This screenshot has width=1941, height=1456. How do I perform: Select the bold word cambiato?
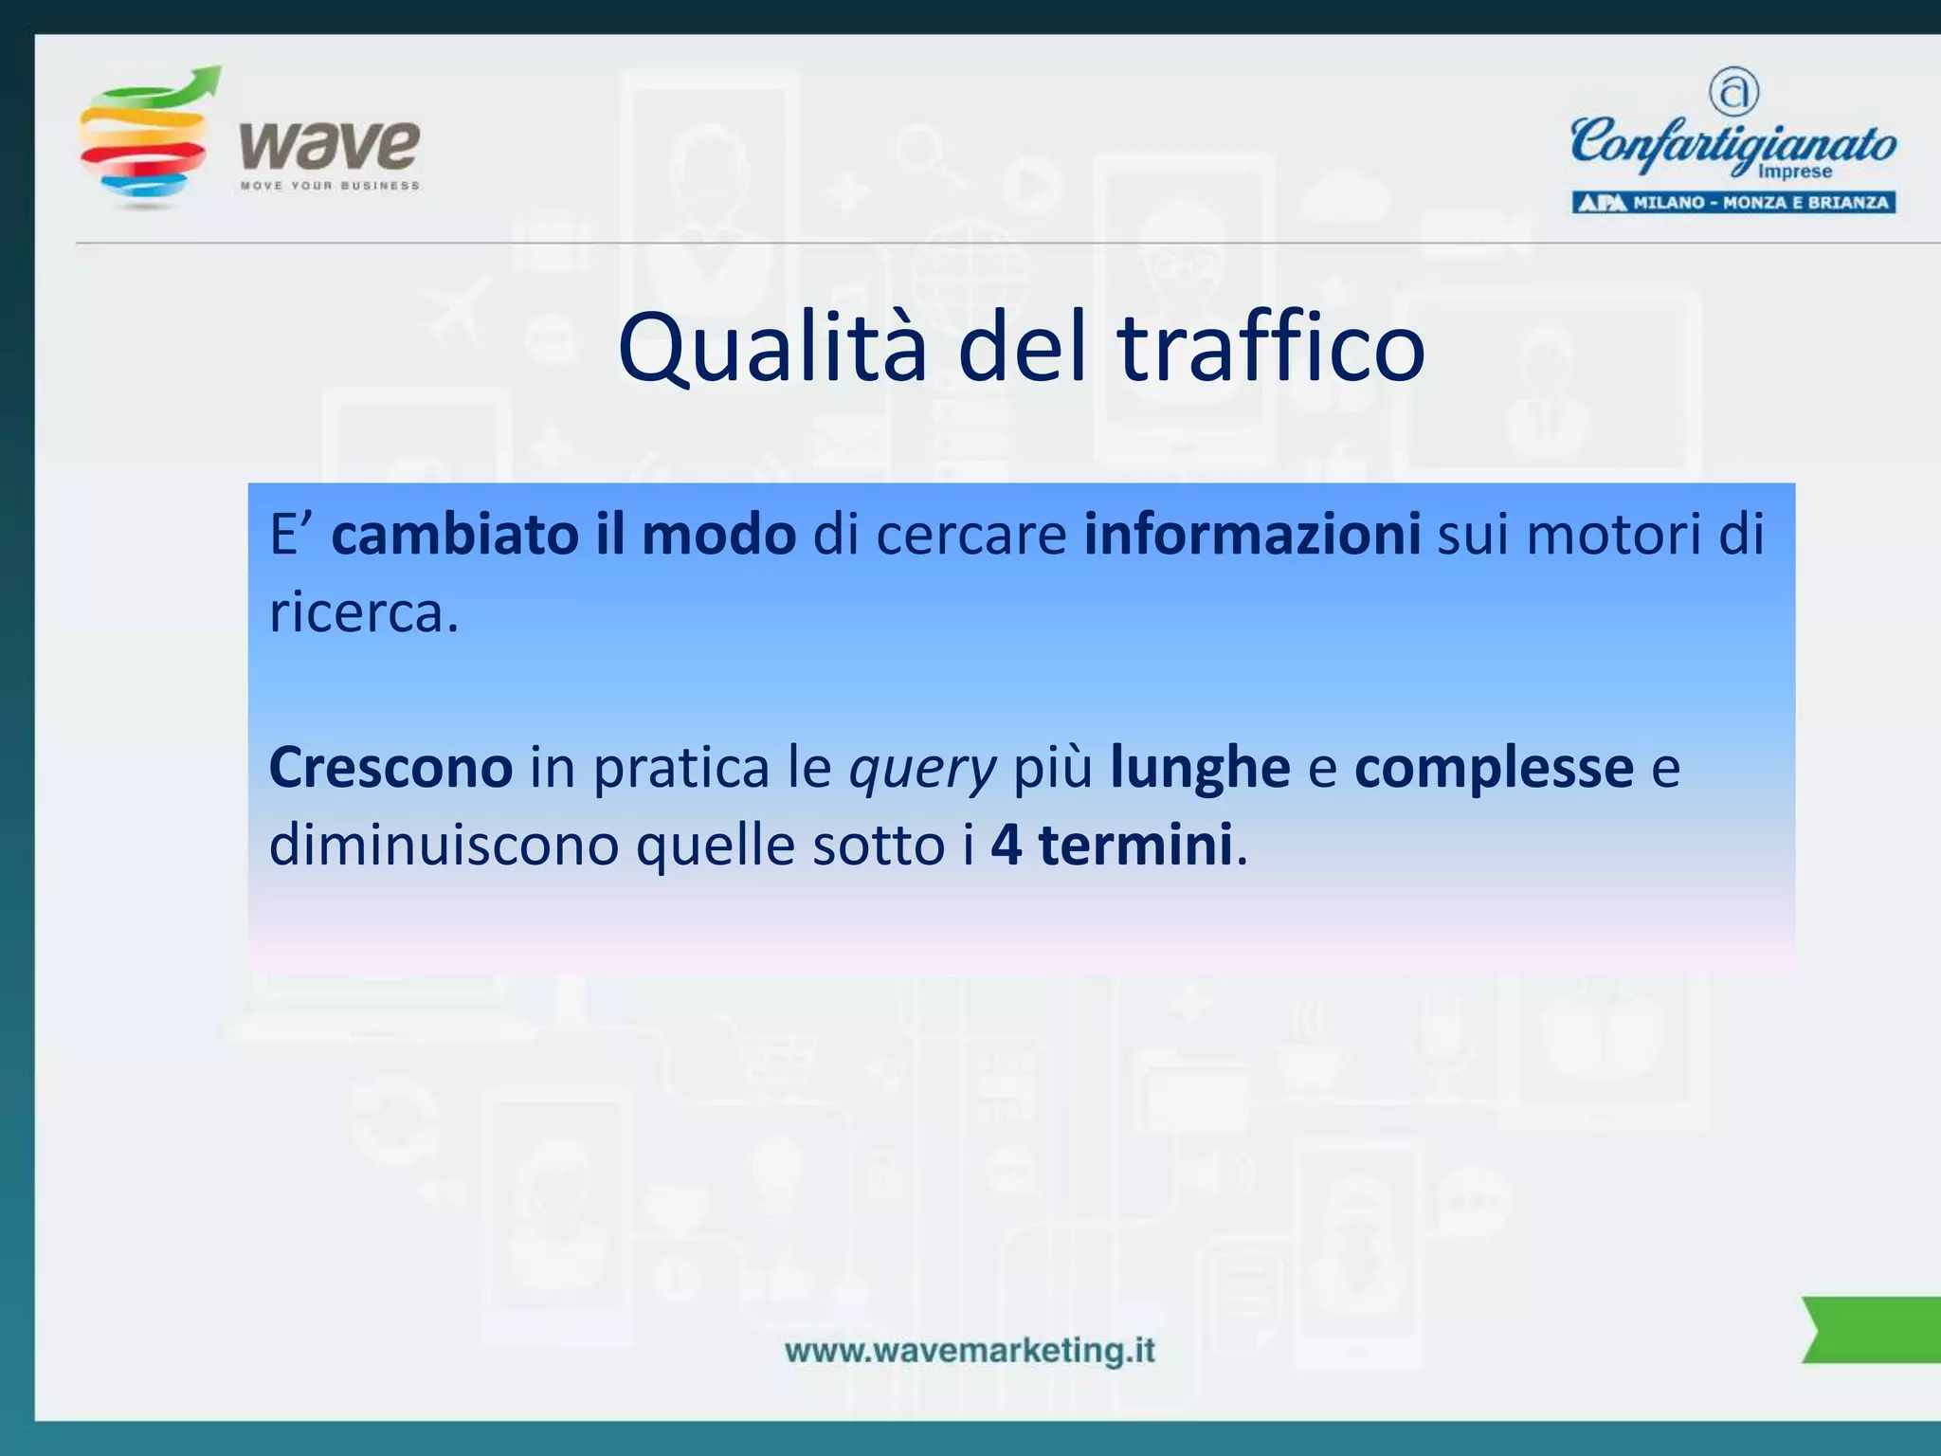[454, 535]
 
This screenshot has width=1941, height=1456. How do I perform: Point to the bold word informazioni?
[1252, 535]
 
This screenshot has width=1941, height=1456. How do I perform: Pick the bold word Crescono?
[390, 767]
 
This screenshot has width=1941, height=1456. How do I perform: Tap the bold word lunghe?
[1200, 767]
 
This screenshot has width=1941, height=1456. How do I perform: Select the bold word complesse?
[1494, 767]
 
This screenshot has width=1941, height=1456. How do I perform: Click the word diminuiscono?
[444, 845]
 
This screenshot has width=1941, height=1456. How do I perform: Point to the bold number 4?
[1007, 845]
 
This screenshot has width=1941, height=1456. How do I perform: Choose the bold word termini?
[1135, 845]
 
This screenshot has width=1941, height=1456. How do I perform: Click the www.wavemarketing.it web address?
[970, 1350]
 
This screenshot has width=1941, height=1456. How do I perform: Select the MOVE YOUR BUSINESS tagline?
[330, 186]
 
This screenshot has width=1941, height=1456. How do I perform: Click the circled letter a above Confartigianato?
[1733, 92]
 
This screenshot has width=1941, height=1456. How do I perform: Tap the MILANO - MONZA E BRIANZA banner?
[1733, 202]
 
